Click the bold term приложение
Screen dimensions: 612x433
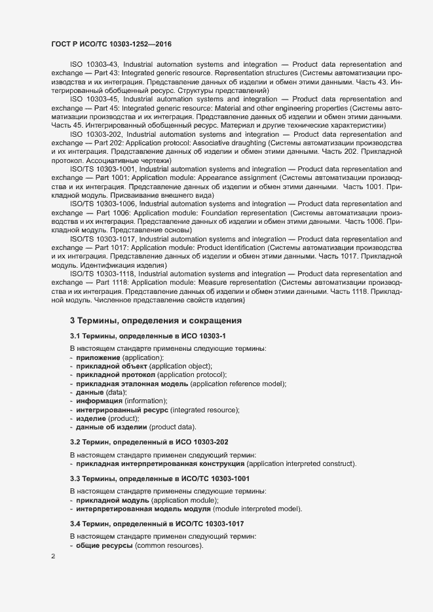[x=98, y=358]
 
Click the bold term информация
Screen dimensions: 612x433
[x=99, y=401]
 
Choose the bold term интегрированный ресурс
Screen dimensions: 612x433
[x=121, y=410]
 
